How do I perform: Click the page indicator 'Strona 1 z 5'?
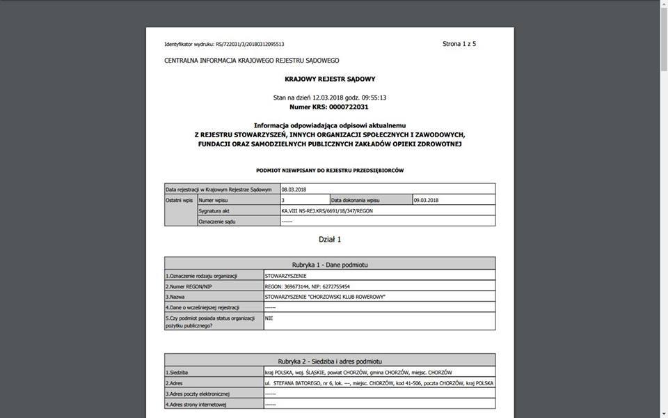459,44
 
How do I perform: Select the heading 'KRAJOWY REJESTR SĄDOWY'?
330,79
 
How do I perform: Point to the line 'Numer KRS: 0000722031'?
330,107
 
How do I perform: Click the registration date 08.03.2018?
294,189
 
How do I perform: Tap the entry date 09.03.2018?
426,200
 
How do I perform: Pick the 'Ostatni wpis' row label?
180,200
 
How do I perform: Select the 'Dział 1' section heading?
330,240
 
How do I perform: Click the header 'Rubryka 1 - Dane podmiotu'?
330,265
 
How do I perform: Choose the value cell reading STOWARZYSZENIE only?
286,276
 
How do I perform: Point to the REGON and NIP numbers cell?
308,286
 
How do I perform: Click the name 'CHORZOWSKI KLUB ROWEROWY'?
326,297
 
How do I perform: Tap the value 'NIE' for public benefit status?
269,318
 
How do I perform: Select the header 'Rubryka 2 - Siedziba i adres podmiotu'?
330,362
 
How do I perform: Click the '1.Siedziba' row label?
177,373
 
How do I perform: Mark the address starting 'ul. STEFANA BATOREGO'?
379,383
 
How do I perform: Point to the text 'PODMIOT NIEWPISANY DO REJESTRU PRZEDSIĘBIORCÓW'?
330,170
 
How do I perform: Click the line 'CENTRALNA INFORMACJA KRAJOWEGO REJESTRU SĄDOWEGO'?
252,61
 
